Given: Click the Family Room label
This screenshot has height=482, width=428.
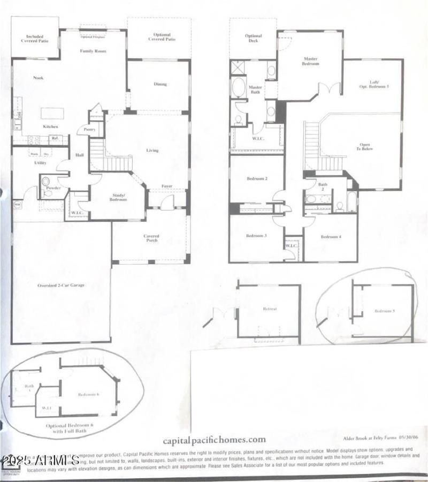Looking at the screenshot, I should pos(93,51).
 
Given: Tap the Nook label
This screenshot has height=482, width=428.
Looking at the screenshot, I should pos(38,78).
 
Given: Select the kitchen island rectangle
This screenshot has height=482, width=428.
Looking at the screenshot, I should pos(52,114).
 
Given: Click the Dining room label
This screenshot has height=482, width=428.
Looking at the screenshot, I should pos(160,84).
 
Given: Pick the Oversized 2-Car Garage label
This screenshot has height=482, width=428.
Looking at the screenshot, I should pos(61,285).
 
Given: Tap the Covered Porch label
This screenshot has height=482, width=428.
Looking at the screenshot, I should pos(151,239).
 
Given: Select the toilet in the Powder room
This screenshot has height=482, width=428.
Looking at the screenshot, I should pos(45,182).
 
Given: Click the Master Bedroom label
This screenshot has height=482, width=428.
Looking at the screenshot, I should pos(311,61).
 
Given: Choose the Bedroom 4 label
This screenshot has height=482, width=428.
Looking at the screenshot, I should pos(331,237).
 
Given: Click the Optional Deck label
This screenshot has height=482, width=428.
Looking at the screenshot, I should pos(253,39).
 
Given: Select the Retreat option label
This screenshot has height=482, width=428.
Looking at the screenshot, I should pos(269,310).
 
